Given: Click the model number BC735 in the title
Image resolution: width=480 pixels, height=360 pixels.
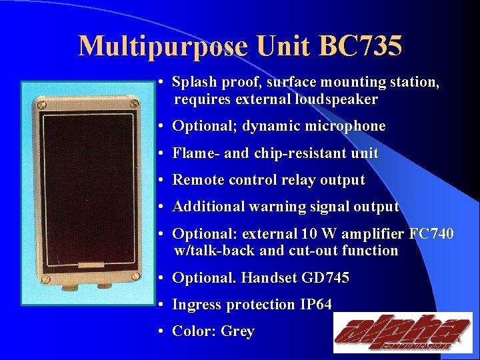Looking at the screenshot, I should [361, 47].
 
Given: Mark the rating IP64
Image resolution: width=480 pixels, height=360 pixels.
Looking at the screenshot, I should [313, 305].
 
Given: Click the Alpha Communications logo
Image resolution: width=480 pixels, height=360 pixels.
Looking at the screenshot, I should [402, 332].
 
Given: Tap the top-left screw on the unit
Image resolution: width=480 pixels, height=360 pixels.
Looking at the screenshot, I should [40, 103].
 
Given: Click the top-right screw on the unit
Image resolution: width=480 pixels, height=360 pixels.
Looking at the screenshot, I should [136, 103].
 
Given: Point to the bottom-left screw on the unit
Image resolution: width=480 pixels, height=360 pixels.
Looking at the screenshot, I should [40, 275].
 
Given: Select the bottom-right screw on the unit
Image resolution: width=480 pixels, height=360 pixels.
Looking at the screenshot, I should [136, 275].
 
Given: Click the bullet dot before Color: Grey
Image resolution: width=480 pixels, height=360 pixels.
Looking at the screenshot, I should [162, 331].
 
